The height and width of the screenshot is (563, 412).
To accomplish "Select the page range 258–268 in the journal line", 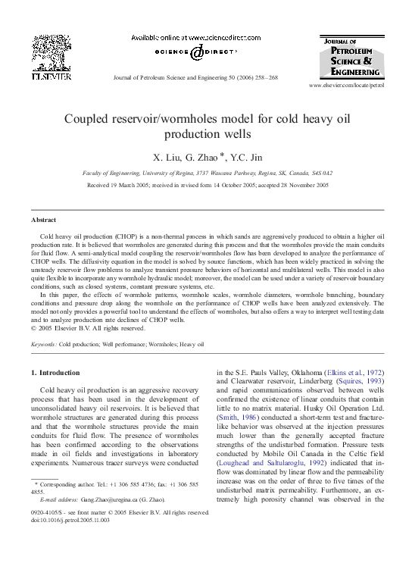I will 264,78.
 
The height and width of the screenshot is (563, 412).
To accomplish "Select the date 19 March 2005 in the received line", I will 135,184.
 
